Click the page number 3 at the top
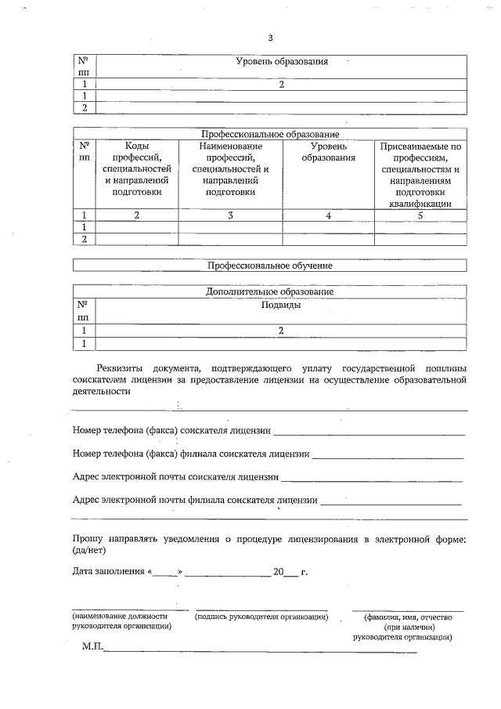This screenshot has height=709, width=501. (270, 38)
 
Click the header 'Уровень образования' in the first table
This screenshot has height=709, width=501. (281, 61)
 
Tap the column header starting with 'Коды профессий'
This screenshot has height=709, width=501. (137, 168)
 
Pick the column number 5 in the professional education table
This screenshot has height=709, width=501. (420, 215)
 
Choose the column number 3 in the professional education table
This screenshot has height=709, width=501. (230, 215)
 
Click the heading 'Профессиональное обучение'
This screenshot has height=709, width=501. (270, 266)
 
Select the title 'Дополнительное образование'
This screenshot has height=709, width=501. (270, 291)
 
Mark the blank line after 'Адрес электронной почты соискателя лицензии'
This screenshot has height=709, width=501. (372, 478)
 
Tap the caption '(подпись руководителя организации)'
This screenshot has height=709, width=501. (261, 617)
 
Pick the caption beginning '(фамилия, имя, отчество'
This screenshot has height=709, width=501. (409, 617)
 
